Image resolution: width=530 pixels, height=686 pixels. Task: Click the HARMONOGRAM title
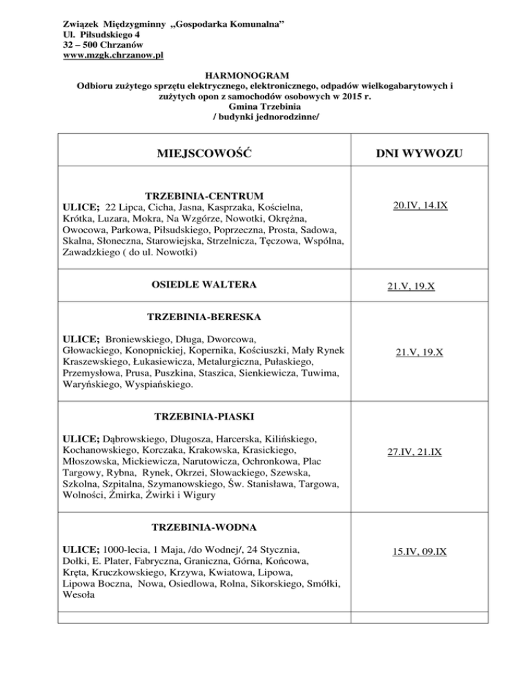[x=265, y=75]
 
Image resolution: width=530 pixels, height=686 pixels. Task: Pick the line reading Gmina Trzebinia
[x=265, y=108]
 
